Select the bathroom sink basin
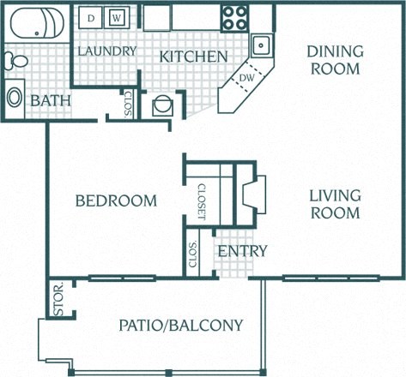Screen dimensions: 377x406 (15, 96)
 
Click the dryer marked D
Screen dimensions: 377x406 (90, 15)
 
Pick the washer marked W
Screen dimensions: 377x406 (118, 15)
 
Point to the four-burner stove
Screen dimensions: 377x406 (234, 16)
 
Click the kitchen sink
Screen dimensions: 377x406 (261, 44)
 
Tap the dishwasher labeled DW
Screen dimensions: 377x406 (245, 77)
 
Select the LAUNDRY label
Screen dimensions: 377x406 (106, 51)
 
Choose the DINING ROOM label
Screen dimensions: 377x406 (335, 60)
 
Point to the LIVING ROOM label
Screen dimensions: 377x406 (335, 204)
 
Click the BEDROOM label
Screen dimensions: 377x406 (116, 200)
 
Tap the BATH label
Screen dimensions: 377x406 (51, 101)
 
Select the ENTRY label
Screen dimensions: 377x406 (242, 251)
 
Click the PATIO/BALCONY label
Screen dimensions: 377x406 (180, 325)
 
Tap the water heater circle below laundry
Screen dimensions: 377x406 (160, 107)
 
